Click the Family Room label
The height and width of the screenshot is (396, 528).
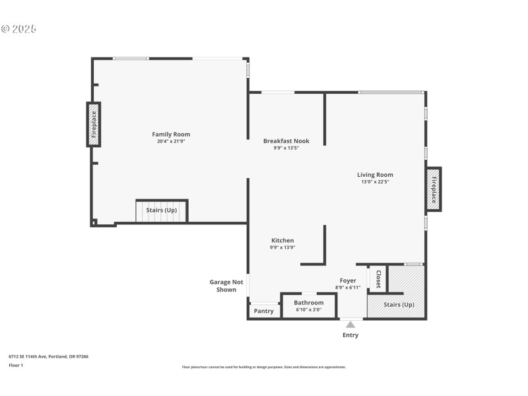[171, 135]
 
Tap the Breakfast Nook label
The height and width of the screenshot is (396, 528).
[286, 141]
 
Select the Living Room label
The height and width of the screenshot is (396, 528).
[375, 175]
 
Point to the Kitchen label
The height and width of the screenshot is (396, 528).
[282, 240]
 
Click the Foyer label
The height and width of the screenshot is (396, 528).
[348, 280]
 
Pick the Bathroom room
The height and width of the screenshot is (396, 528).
[309, 306]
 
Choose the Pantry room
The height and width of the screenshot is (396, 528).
[264, 311]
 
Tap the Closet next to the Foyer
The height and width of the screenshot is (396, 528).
[378, 279]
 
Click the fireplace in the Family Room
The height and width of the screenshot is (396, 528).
[94, 123]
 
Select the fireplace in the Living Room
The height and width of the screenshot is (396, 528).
[434, 189]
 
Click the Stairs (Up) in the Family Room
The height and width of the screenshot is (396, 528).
[162, 211]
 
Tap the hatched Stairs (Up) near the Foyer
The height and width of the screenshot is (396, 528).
[399, 304]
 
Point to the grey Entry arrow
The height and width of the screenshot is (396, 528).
[350, 324]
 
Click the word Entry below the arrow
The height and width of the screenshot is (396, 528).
[350, 335]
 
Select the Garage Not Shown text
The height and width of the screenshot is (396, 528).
[226, 286]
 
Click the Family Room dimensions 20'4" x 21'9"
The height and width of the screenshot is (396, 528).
[171, 142]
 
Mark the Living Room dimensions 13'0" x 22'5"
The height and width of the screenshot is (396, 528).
[375, 181]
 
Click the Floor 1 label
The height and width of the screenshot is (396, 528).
[16, 365]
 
